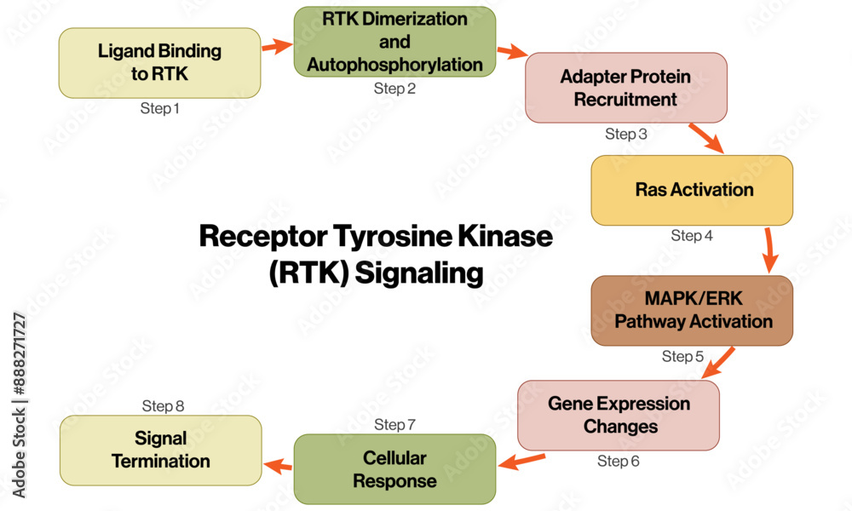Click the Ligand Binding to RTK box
159,62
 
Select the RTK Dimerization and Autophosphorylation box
394,42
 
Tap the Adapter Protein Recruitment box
625,88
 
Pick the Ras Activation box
692,190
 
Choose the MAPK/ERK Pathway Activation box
692,311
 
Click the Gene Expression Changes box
619,415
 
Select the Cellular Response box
394,469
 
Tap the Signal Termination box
160,451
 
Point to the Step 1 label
160,109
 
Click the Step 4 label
692,236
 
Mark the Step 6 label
619,462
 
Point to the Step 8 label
163,406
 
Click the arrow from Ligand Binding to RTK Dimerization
277,46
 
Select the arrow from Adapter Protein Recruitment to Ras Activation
706,139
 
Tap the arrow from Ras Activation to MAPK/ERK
769,250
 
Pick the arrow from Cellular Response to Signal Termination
278,465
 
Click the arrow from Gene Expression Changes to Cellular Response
521,462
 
